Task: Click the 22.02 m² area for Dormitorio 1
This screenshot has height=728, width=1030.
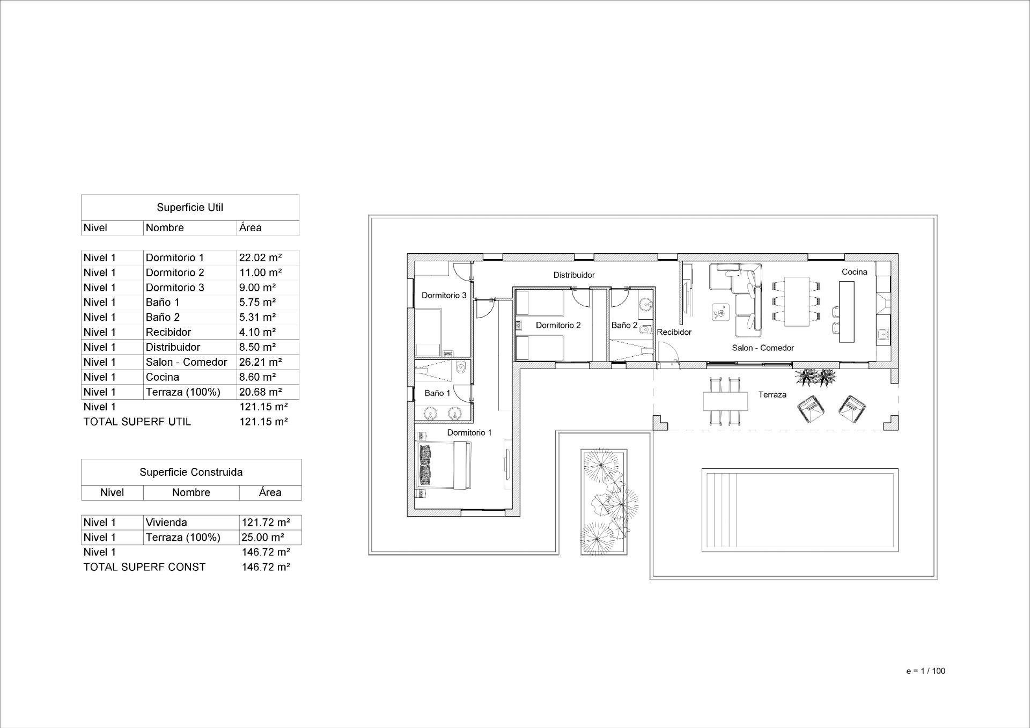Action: [x=261, y=258]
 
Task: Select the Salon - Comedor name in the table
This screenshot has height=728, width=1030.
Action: [x=186, y=362]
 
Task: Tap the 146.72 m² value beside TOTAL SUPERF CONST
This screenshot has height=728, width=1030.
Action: [x=266, y=567]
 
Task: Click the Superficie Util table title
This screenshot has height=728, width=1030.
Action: [x=190, y=208]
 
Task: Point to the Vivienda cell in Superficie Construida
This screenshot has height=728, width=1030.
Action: [x=166, y=523]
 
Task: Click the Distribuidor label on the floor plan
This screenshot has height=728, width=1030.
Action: [x=574, y=275]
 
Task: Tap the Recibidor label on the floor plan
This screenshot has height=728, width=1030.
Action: [x=674, y=332]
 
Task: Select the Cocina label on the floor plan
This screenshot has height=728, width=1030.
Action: [x=854, y=272]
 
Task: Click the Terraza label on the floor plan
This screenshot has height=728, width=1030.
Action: [x=772, y=395]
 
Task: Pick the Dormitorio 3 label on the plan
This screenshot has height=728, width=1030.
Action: [x=444, y=296]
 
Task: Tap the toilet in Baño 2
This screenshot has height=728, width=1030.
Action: [x=646, y=329]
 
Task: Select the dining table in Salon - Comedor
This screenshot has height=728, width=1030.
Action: [x=796, y=302]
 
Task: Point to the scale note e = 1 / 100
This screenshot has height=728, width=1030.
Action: [x=925, y=671]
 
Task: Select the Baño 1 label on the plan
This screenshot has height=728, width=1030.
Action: [x=437, y=393]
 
